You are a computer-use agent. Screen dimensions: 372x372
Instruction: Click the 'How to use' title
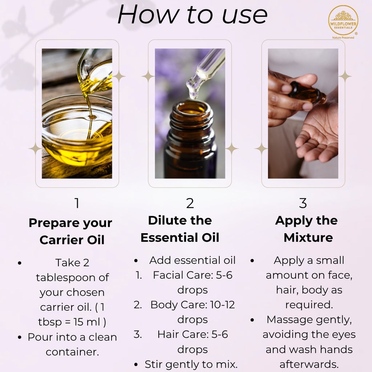193,15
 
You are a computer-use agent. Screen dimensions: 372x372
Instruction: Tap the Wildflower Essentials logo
343,20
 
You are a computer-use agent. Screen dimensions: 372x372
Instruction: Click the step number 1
77,203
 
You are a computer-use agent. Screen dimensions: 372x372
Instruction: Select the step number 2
190,203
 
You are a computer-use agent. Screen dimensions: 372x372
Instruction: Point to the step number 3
303,203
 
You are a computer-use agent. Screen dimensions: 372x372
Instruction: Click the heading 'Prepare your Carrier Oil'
71,231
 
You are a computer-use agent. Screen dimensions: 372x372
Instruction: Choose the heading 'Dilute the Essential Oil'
180,229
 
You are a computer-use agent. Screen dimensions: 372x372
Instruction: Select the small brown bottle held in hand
307,93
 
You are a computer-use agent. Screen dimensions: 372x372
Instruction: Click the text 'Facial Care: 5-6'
193,275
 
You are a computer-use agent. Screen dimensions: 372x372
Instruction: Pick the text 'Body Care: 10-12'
193,305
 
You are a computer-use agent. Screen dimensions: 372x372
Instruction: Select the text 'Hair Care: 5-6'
193,334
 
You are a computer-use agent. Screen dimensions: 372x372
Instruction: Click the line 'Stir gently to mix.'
191,364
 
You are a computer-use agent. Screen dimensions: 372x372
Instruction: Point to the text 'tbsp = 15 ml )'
72,322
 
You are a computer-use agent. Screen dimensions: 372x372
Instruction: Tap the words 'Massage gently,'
309,320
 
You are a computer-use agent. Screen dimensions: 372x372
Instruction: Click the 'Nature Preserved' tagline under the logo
343,37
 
